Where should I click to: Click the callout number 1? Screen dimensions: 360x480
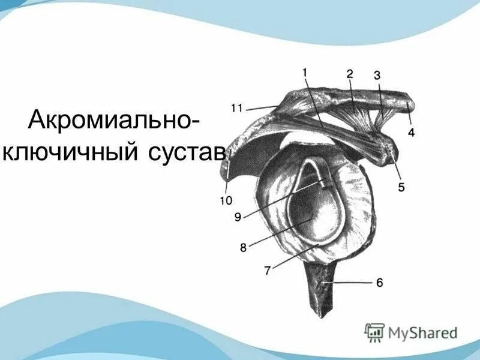point(305,73)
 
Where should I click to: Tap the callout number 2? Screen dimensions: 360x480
point(349,74)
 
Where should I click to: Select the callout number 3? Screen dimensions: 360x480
point(377,76)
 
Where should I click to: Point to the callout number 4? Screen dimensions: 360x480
point(411,132)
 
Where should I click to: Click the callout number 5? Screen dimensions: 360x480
point(400,187)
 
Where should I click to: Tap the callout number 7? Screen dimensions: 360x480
point(267,270)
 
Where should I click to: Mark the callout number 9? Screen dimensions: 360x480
point(238,217)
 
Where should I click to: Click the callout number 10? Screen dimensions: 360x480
point(226,200)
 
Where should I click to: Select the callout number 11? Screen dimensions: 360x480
point(236,109)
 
